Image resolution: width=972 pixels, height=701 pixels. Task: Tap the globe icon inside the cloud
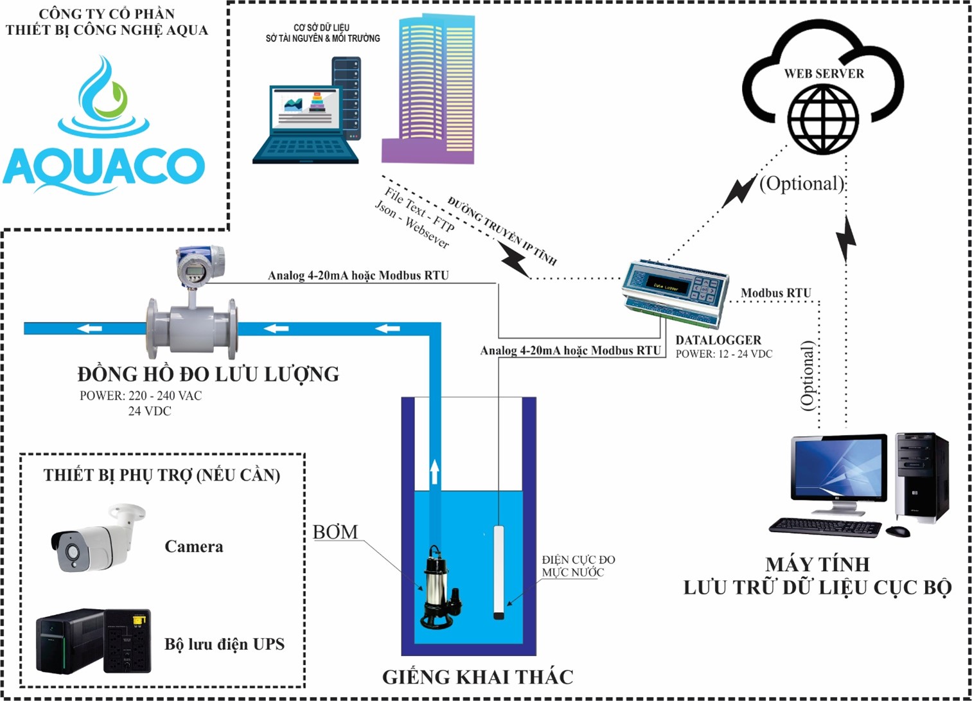[x=823, y=120]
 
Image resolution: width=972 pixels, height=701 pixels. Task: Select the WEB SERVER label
[x=824, y=74]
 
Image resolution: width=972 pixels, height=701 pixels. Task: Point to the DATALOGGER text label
[x=718, y=340]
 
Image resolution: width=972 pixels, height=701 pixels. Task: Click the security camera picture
[x=96, y=540]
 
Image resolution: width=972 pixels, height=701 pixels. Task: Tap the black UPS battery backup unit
[x=93, y=641]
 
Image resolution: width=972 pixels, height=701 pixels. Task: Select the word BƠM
[x=335, y=532]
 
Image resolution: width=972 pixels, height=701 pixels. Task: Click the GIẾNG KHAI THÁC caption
[x=477, y=677]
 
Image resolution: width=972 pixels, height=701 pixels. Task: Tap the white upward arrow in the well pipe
[x=434, y=472]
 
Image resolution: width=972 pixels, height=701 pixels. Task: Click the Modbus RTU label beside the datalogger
[x=775, y=293]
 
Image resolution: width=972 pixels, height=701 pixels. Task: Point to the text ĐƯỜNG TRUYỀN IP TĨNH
[x=502, y=231]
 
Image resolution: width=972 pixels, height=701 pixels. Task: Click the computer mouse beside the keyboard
[x=897, y=531]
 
